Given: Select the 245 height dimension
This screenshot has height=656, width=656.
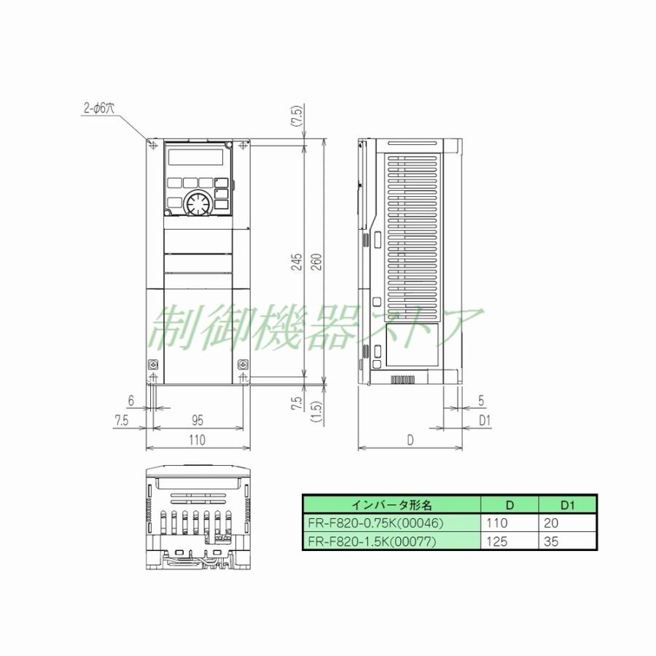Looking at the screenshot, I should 297,262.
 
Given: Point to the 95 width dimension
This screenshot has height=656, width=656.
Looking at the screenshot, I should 197,420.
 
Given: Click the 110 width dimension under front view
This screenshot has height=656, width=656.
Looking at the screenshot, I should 197,440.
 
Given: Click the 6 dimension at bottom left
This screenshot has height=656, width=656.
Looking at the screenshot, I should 130,400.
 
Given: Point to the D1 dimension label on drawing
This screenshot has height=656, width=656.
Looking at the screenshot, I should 483,420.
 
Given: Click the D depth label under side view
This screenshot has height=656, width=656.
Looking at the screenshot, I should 410,440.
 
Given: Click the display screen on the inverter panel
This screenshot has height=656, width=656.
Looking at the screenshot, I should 195,157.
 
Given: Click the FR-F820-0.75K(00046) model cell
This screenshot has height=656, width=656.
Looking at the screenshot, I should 391,523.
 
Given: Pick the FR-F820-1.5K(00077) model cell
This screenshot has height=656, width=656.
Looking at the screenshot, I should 391,541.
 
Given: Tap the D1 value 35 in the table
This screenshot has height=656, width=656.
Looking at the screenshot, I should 552,541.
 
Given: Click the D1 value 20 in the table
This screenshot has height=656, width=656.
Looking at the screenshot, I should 552,523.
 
